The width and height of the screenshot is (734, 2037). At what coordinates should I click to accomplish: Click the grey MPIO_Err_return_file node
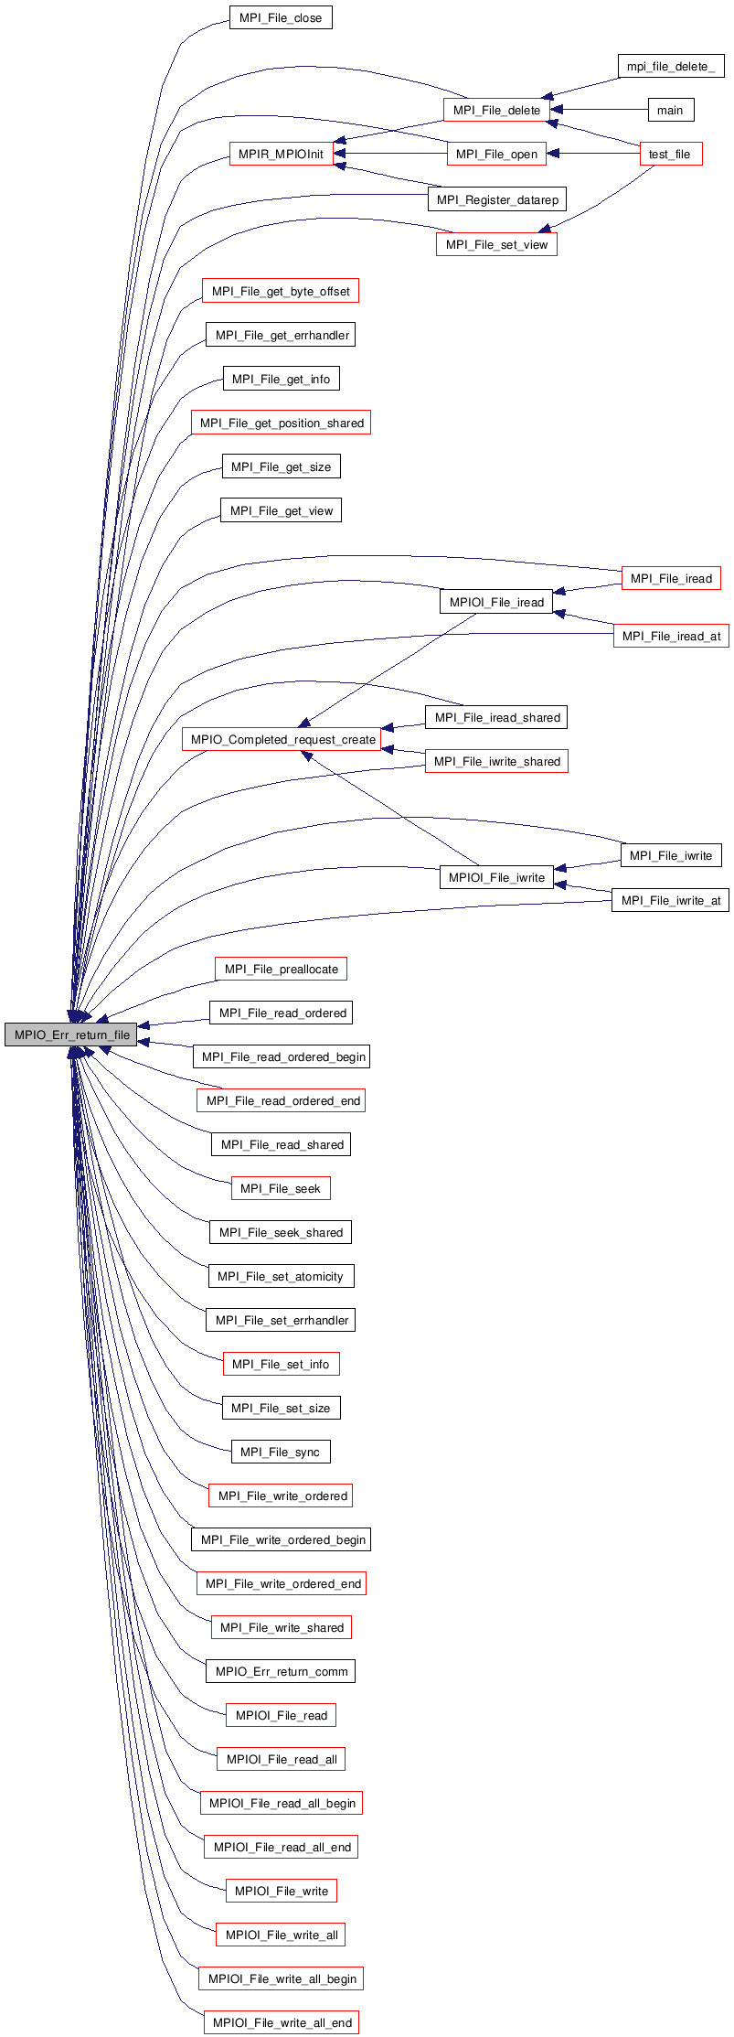(71, 1035)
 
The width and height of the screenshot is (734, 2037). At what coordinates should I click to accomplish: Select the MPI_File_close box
(280, 18)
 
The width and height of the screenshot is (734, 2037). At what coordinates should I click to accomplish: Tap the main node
(670, 110)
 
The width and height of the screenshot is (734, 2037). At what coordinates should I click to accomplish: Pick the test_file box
(670, 154)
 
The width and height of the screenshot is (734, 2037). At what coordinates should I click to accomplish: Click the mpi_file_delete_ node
(670, 66)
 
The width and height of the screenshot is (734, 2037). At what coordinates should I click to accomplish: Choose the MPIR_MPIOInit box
(281, 154)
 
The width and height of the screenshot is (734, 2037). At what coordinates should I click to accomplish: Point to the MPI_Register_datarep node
(497, 199)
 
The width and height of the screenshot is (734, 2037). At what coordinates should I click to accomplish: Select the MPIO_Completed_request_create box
(282, 739)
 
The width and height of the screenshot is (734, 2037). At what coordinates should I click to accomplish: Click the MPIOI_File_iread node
(496, 602)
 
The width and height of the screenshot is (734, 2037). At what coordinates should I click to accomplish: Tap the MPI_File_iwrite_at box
(670, 900)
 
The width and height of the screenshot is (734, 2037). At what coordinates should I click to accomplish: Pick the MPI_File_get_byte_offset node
(281, 291)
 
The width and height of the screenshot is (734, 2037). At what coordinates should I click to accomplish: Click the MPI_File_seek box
(281, 1188)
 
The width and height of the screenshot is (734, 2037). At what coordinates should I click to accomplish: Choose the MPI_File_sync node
(281, 1452)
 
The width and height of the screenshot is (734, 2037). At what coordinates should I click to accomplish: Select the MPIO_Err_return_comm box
(281, 1671)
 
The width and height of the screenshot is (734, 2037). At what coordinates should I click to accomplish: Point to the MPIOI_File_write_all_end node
(282, 2022)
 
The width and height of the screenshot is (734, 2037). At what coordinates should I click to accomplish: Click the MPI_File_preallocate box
(281, 969)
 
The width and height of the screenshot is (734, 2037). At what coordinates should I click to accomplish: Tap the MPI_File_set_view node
(496, 244)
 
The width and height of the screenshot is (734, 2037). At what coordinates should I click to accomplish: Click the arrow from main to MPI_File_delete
(599, 110)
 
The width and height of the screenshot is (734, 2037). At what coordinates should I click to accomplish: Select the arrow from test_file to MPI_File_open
(593, 154)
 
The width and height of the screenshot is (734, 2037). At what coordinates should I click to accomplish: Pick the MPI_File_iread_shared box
(496, 717)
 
